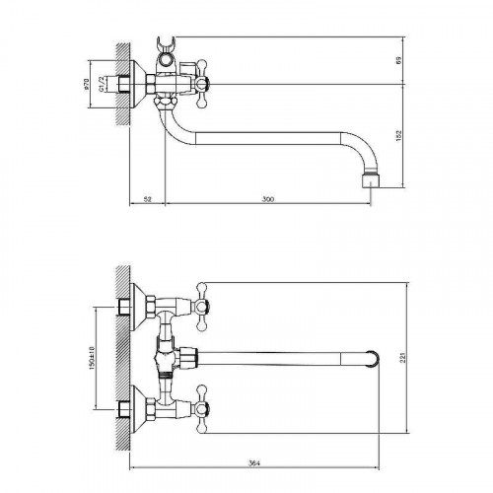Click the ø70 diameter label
[87, 84]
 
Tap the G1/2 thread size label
[102, 84]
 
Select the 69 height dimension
[398, 60]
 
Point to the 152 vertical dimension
[398, 136]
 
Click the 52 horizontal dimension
[148, 199]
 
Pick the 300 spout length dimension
[268, 199]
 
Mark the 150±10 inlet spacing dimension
[92, 358]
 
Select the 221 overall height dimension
[403, 357]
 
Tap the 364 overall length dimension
[254, 463]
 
